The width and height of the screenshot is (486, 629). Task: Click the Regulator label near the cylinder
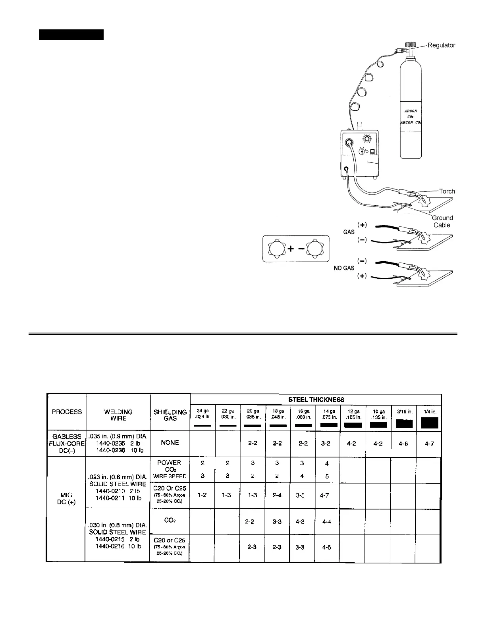click(441, 45)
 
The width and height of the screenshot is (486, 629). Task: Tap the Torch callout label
click(447, 191)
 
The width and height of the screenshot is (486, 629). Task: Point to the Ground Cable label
click(442, 221)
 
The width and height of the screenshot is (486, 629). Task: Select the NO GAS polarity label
click(343, 268)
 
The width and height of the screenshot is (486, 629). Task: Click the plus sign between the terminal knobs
click(291, 249)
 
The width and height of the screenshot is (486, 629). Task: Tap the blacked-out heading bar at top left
click(71, 34)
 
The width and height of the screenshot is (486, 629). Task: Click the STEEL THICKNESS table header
click(316, 399)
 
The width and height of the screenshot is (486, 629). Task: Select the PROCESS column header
click(67, 412)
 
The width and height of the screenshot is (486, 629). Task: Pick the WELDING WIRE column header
click(118, 415)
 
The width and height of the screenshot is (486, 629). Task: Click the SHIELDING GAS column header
click(170, 415)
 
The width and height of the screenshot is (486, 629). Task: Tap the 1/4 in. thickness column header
click(430, 412)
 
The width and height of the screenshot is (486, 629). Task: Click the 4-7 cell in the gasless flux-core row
click(430, 444)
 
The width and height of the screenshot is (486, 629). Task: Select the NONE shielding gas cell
click(170, 442)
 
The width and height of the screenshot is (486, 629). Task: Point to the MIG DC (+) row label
click(66, 498)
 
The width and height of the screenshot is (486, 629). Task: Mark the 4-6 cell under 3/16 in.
click(403, 444)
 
